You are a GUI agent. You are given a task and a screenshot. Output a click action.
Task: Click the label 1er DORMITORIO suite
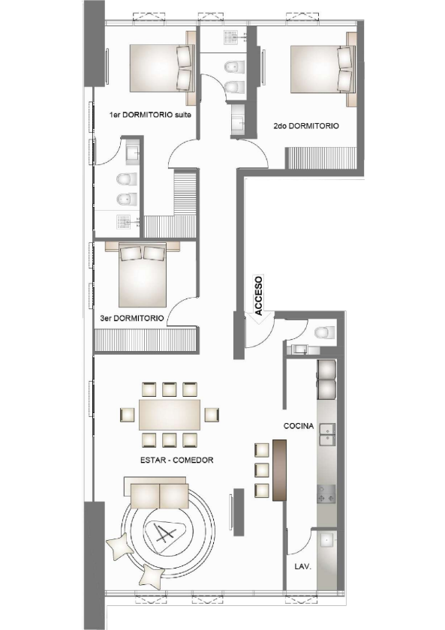point(151,115)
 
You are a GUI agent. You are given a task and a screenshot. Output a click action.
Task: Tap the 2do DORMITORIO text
point(305,127)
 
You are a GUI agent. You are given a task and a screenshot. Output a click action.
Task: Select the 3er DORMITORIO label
point(132,318)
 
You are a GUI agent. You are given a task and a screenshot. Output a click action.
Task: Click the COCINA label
point(298,426)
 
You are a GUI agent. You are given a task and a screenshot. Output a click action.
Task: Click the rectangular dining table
point(169,414)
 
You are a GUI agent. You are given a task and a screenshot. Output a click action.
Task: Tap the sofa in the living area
point(159,495)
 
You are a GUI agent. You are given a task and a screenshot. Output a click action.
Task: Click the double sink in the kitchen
point(326,434)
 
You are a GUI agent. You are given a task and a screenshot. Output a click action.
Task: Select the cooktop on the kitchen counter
point(326,494)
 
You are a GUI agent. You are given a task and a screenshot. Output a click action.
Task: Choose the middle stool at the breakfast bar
point(262,470)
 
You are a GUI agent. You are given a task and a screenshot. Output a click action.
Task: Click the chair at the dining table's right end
point(211,414)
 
